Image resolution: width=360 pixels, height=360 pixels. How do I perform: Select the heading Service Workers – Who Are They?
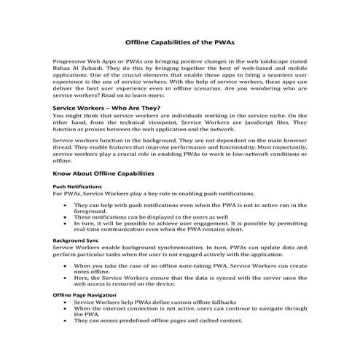106,107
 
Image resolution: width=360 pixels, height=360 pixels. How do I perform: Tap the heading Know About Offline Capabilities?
104,173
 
